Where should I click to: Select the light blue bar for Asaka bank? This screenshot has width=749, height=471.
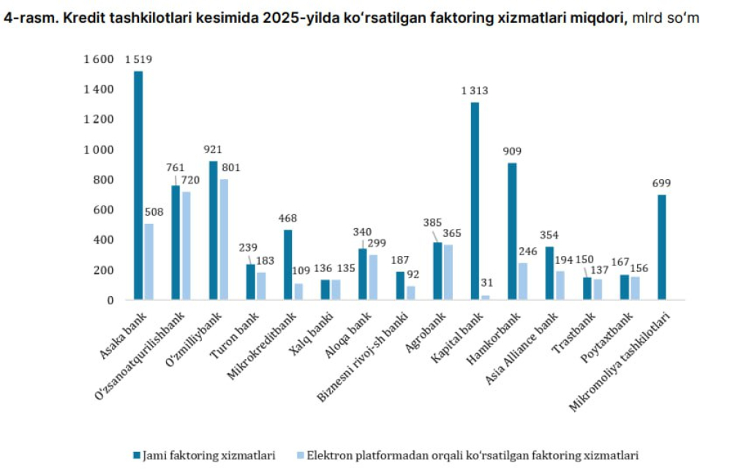[148, 261]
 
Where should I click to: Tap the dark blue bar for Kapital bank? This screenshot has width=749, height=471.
[475, 200]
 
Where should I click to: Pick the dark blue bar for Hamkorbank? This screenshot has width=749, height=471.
[512, 231]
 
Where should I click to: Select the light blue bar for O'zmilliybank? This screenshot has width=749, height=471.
[224, 239]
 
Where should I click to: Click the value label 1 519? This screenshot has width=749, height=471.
[138, 59]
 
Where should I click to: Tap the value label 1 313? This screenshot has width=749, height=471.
[474, 91]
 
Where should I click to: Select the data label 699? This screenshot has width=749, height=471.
[662, 183]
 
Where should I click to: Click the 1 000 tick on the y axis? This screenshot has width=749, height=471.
[100, 150]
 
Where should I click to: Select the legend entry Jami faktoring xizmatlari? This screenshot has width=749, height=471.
[208, 456]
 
